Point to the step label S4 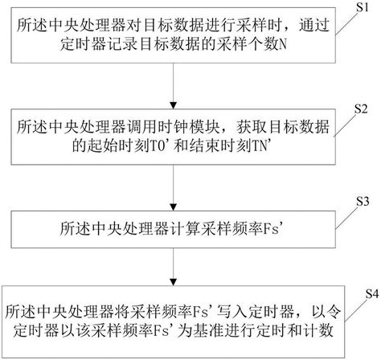[366, 294]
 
